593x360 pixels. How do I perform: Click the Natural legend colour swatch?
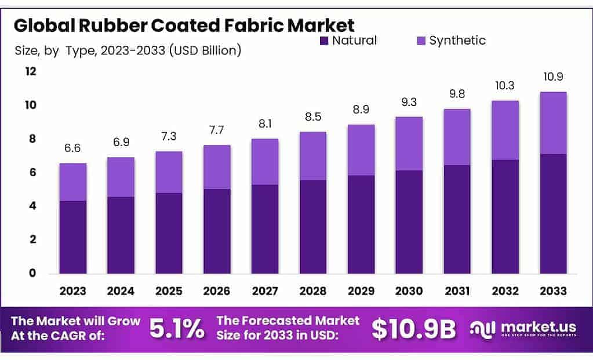click(323, 41)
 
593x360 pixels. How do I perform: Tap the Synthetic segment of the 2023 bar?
click(73, 182)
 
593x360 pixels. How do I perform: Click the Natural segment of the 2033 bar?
click(552, 213)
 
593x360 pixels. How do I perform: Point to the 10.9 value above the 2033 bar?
click(552, 77)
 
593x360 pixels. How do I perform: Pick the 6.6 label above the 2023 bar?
click(73, 148)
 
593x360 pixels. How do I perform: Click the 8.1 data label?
click(265, 123)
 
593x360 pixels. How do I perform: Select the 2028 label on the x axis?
click(313, 291)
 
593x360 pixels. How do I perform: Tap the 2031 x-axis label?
click(457, 291)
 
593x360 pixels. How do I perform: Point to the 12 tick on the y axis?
click(30, 71)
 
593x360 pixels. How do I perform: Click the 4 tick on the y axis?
click(32, 206)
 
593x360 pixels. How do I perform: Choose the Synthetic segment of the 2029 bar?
click(361, 150)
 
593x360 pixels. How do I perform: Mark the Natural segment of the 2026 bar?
click(217, 231)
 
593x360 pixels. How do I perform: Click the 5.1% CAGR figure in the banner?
click(177, 329)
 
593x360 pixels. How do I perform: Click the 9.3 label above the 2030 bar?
click(409, 101)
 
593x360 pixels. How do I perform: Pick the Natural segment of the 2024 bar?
click(121, 235)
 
